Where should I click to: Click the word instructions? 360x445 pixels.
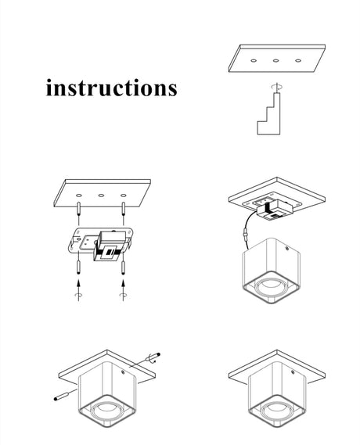(x=112, y=88)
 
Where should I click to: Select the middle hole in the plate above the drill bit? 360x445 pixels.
(x=275, y=60)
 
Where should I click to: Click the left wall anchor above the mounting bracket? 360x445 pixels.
(x=78, y=209)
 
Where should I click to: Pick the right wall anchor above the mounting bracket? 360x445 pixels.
(x=123, y=209)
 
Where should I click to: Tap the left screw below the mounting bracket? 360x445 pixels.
(x=78, y=267)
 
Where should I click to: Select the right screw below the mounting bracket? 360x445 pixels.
(x=123, y=267)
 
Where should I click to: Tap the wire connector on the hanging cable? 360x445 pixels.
(x=246, y=235)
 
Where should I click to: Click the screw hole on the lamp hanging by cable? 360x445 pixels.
(x=287, y=249)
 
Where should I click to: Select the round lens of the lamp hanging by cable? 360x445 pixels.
(x=269, y=286)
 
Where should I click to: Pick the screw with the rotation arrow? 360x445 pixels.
(x=153, y=357)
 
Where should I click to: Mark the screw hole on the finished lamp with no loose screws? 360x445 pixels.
(x=293, y=371)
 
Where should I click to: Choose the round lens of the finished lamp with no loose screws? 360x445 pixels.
(x=275, y=411)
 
